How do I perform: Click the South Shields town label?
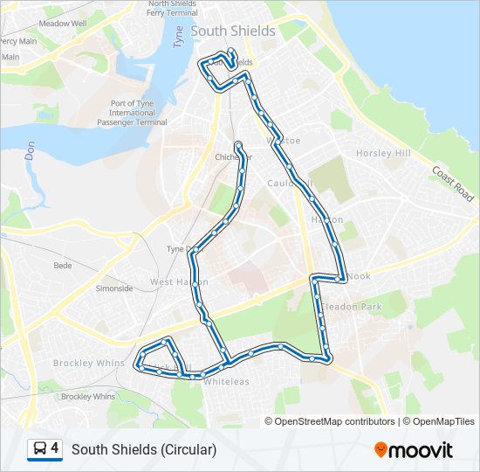pyautogui.click(x=233, y=31)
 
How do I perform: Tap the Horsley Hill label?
pyautogui.click(x=382, y=154)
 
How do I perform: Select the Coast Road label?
pyautogui.click(x=453, y=184)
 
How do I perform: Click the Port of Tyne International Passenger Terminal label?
pyautogui.click(x=139, y=113)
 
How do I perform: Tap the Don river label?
pyautogui.click(x=30, y=151)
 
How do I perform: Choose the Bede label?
pyautogui.click(x=63, y=265)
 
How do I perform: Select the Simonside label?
pyautogui.click(x=114, y=288)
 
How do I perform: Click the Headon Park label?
pyautogui.click(x=353, y=307)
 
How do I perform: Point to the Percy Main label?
pyautogui.click(x=17, y=41)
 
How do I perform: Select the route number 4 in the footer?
pyautogui.click(x=55, y=448)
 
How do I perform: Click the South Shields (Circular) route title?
pyautogui.click(x=144, y=449)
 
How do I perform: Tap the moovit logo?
pyautogui.click(x=414, y=450)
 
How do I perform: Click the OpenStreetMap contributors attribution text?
pyautogui.click(x=330, y=421)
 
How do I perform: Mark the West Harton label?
pyautogui.click(x=179, y=282)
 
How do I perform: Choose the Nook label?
pyautogui.click(x=360, y=276)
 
